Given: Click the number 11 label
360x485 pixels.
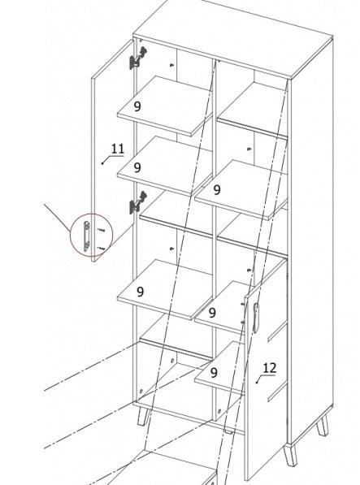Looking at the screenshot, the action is [118, 149].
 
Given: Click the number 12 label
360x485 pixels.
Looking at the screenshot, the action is [269, 368].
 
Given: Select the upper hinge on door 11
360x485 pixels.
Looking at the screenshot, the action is [137, 58].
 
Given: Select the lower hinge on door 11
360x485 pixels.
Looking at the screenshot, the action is [137, 202].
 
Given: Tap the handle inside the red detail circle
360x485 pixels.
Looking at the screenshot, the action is [87, 236].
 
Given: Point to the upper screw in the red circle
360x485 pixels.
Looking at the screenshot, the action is [101, 230].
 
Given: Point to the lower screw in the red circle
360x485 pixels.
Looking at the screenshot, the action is [101, 248].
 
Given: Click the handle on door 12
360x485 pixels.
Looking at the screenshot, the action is [255, 318].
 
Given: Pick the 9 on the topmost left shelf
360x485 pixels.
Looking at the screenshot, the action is [137, 106].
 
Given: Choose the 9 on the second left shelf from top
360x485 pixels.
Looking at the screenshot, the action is [137, 167].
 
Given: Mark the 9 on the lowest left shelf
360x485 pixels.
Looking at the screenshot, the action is [140, 292].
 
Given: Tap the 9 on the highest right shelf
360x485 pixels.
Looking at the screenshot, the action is [217, 190].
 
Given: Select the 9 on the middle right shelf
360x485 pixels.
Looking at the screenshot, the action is [212, 313].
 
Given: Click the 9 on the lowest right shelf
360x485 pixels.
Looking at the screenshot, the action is [214, 373].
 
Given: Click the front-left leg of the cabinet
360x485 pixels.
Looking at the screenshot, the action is [143, 416].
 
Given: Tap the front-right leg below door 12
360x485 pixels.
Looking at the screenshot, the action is [290, 455].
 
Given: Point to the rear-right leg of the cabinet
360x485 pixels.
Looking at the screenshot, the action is [323, 426].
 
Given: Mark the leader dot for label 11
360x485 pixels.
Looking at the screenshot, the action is [102, 163].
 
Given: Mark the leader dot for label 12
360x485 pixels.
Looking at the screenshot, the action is [257, 383].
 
